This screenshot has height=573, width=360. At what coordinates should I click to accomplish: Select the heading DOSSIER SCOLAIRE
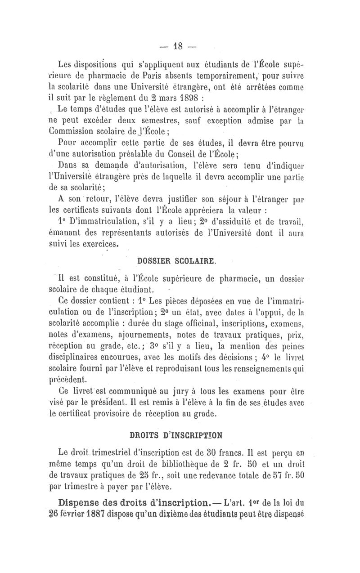pyautogui.click(x=174, y=260)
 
